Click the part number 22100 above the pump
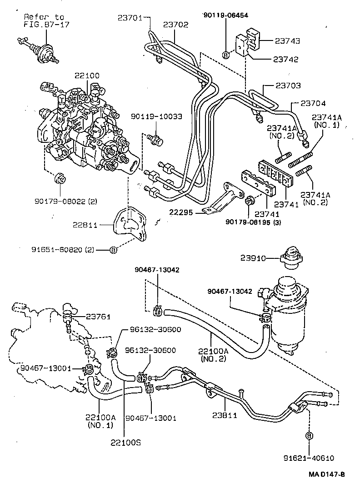[87, 76]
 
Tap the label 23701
[130, 18]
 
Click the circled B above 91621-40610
[309, 436]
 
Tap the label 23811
[225, 415]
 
